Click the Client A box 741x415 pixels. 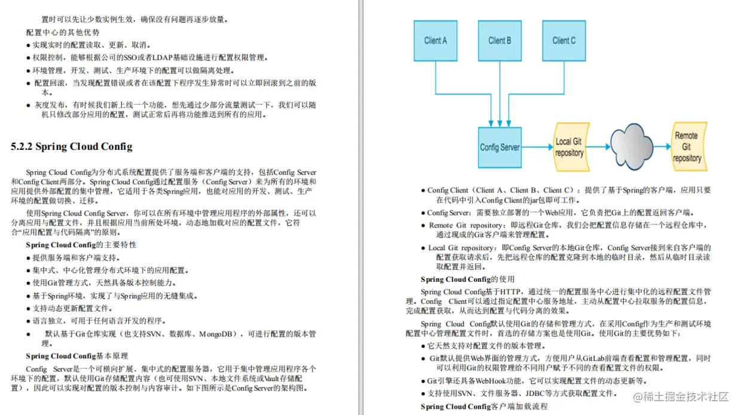(436, 41)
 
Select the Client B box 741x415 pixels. (500, 41)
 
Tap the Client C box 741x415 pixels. (564, 41)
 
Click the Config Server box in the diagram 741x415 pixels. (500, 147)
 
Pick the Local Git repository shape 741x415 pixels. (569, 147)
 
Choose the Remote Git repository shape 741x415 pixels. (687, 146)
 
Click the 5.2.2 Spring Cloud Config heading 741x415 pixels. (72, 147)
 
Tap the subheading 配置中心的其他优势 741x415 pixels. (63, 32)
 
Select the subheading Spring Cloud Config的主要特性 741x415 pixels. (81, 245)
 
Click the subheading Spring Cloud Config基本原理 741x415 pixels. (76, 356)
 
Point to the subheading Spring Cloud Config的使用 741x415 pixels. (467, 279)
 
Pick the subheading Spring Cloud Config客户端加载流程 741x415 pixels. (483, 407)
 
